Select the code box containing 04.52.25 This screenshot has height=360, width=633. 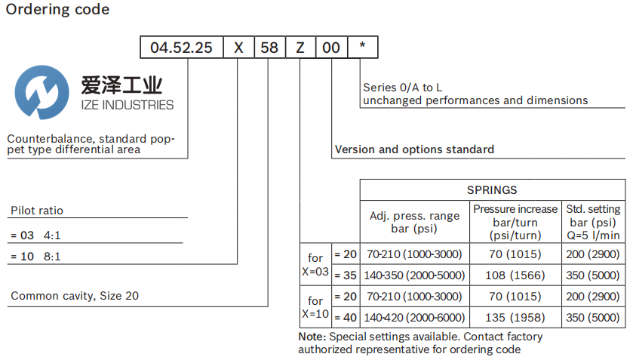(x=181, y=48)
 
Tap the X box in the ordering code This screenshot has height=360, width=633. (x=238, y=48)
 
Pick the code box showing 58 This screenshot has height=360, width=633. (x=269, y=48)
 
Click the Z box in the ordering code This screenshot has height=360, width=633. (x=300, y=48)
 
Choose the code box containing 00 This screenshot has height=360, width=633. (x=331, y=48)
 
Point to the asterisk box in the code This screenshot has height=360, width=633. (x=363, y=48)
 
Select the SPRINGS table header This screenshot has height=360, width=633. (x=492, y=190)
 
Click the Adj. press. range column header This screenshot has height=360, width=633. (x=414, y=222)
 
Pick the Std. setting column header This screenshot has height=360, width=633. (x=595, y=222)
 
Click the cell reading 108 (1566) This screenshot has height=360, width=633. (x=515, y=275)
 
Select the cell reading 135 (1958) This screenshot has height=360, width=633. (x=515, y=317)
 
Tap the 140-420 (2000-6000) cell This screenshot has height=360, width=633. (x=414, y=317)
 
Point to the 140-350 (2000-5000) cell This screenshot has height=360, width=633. (x=414, y=275)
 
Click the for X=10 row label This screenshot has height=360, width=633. (x=315, y=306)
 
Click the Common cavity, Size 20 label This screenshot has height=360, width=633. (x=75, y=296)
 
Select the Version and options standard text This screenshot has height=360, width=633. (x=414, y=149)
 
